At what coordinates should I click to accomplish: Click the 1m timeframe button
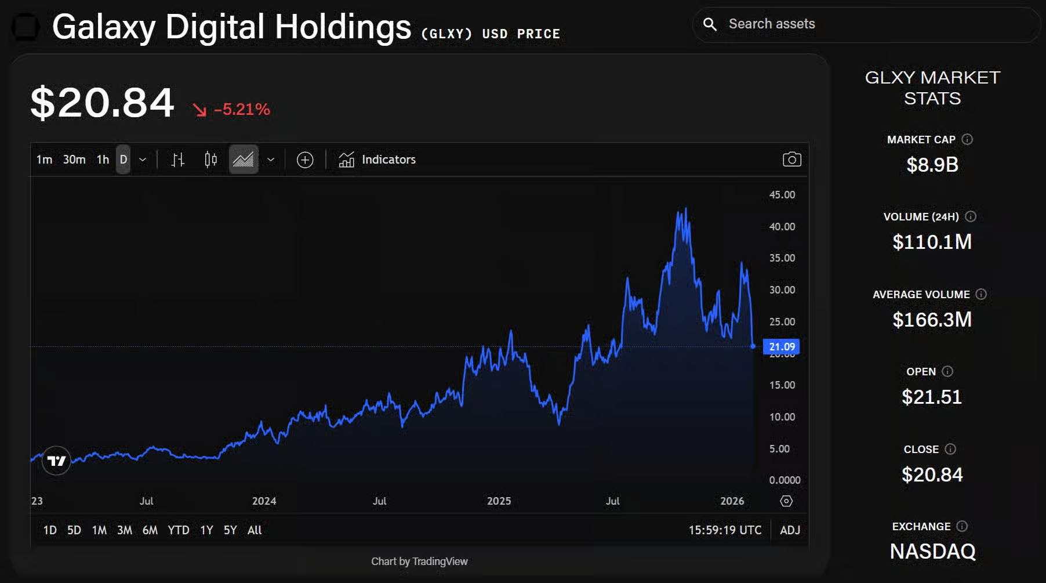(x=44, y=160)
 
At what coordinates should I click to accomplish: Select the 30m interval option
(x=74, y=160)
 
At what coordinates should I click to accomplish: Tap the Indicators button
(x=377, y=160)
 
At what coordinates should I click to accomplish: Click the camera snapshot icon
(x=791, y=160)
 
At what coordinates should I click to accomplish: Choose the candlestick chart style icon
(x=210, y=160)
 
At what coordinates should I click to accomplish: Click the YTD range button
(x=178, y=530)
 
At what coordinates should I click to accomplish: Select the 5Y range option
(x=230, y=530)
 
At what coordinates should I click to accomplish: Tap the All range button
(x=255, y=530)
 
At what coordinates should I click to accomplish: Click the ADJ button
(x=790, y=530)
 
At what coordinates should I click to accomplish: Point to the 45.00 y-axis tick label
(x=782, y=195)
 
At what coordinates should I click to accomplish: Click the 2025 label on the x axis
(x=499, y=501)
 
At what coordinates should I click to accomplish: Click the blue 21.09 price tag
(x=781, y=347)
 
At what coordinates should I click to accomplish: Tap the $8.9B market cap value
(x=932, y=165)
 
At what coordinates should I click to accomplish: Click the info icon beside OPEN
(x=947, y=371)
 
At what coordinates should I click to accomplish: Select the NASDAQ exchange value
(x=932, y=552)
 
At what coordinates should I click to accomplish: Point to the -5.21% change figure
(x=242, y=110)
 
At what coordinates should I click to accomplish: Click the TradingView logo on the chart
(x=56, y=461)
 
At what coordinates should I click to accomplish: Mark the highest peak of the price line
(x=686, y=208)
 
